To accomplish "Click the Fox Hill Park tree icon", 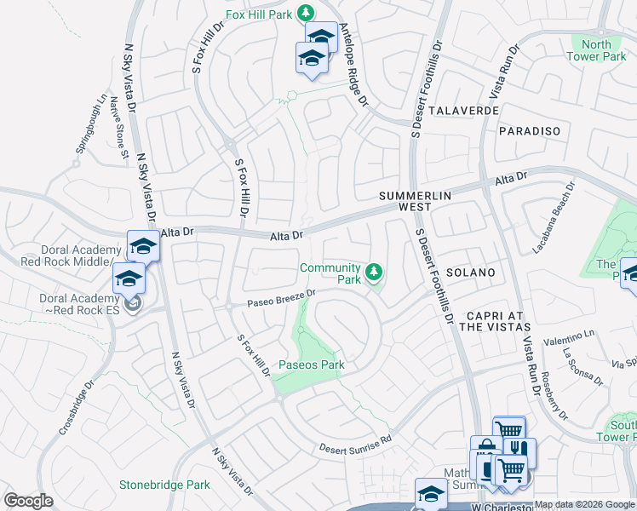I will (x=308, y=12).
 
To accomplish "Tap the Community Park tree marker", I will (x=373, y=273).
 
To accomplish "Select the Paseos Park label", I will (x=312, y=365).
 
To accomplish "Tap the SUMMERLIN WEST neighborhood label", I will (x=414, y=202).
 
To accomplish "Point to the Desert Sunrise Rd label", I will (x=355, y=444).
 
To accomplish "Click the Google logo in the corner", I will (x=28, y=501).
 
